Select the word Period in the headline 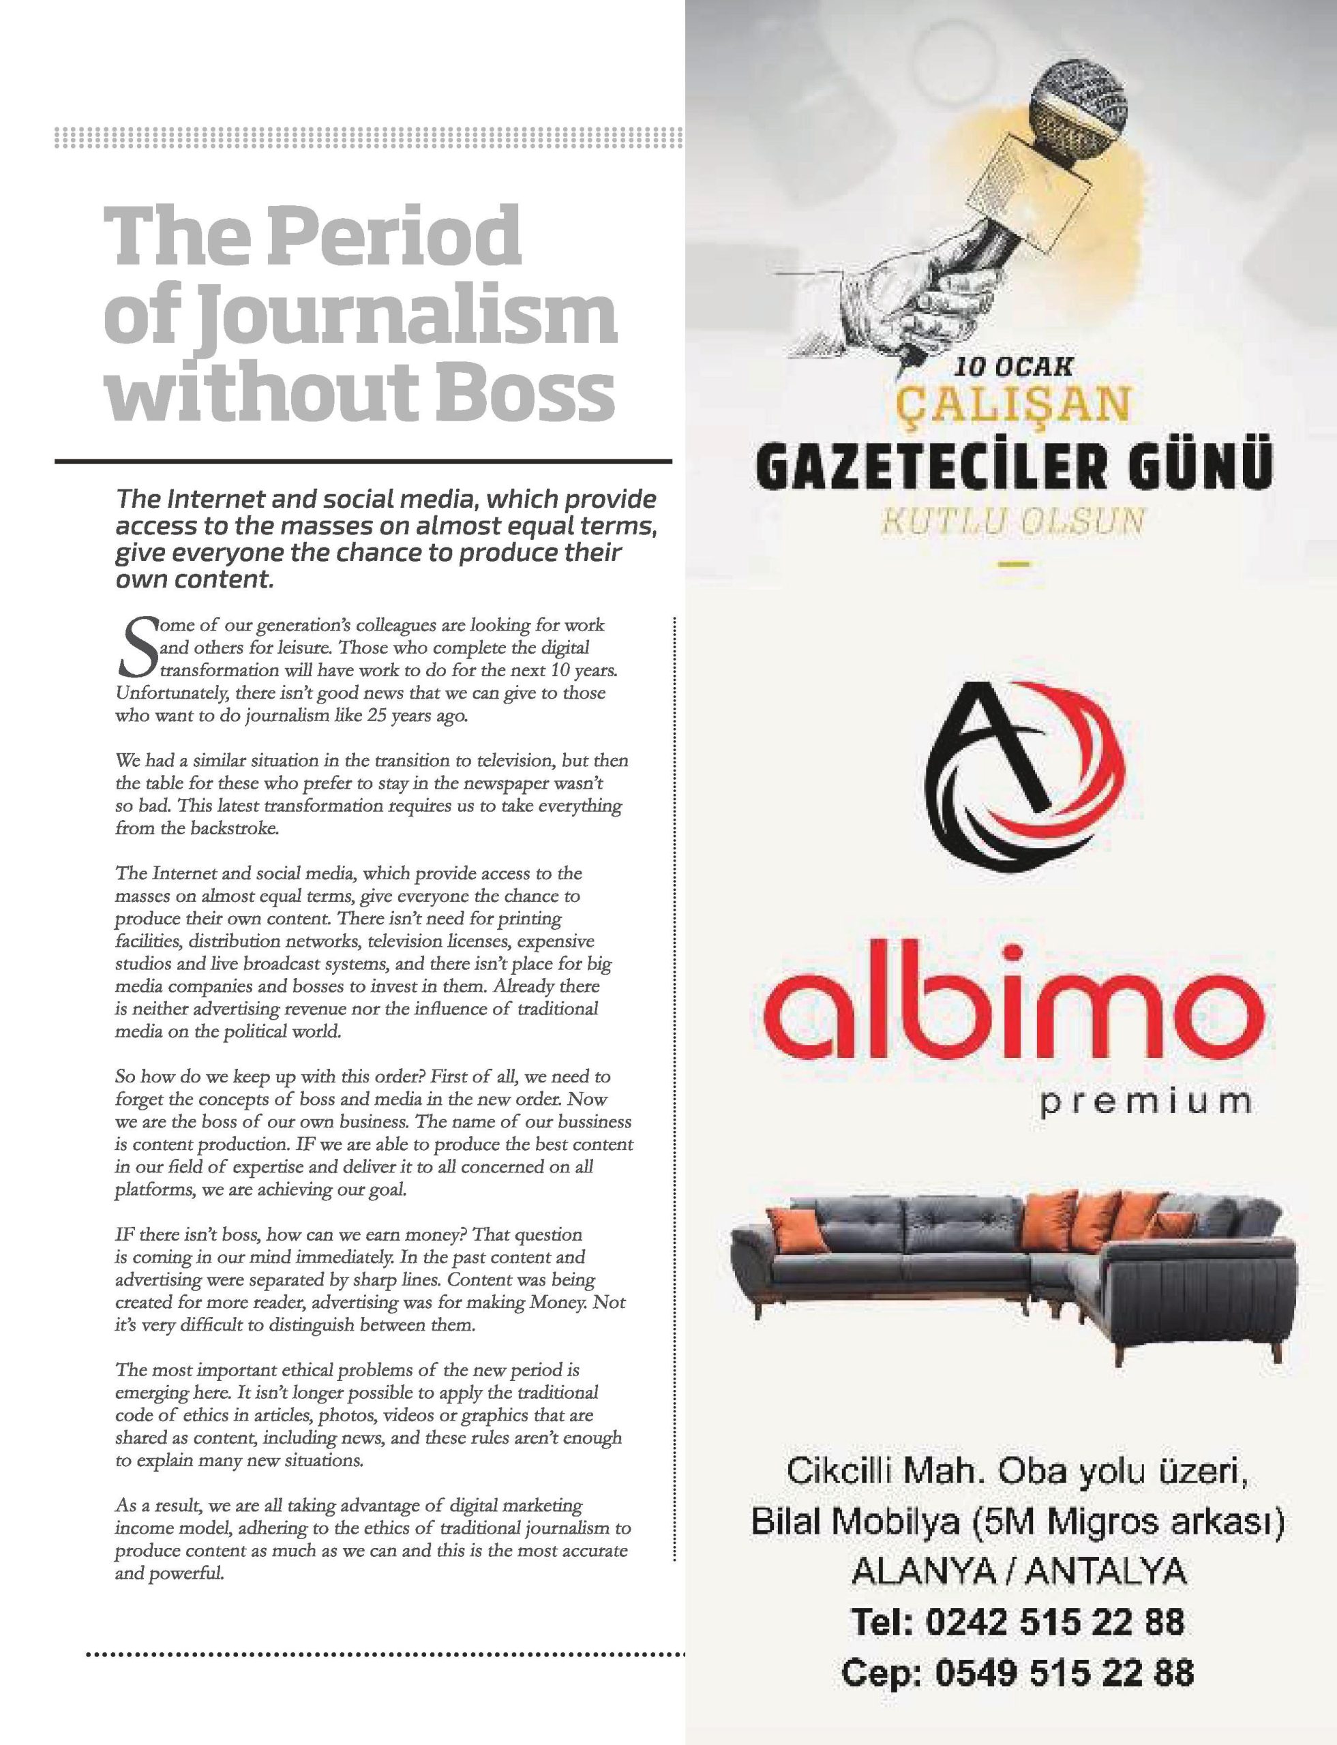click(x=394, y=237)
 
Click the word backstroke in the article click(x=235, y=828)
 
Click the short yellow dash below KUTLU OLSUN click(x=1013, y=565)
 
